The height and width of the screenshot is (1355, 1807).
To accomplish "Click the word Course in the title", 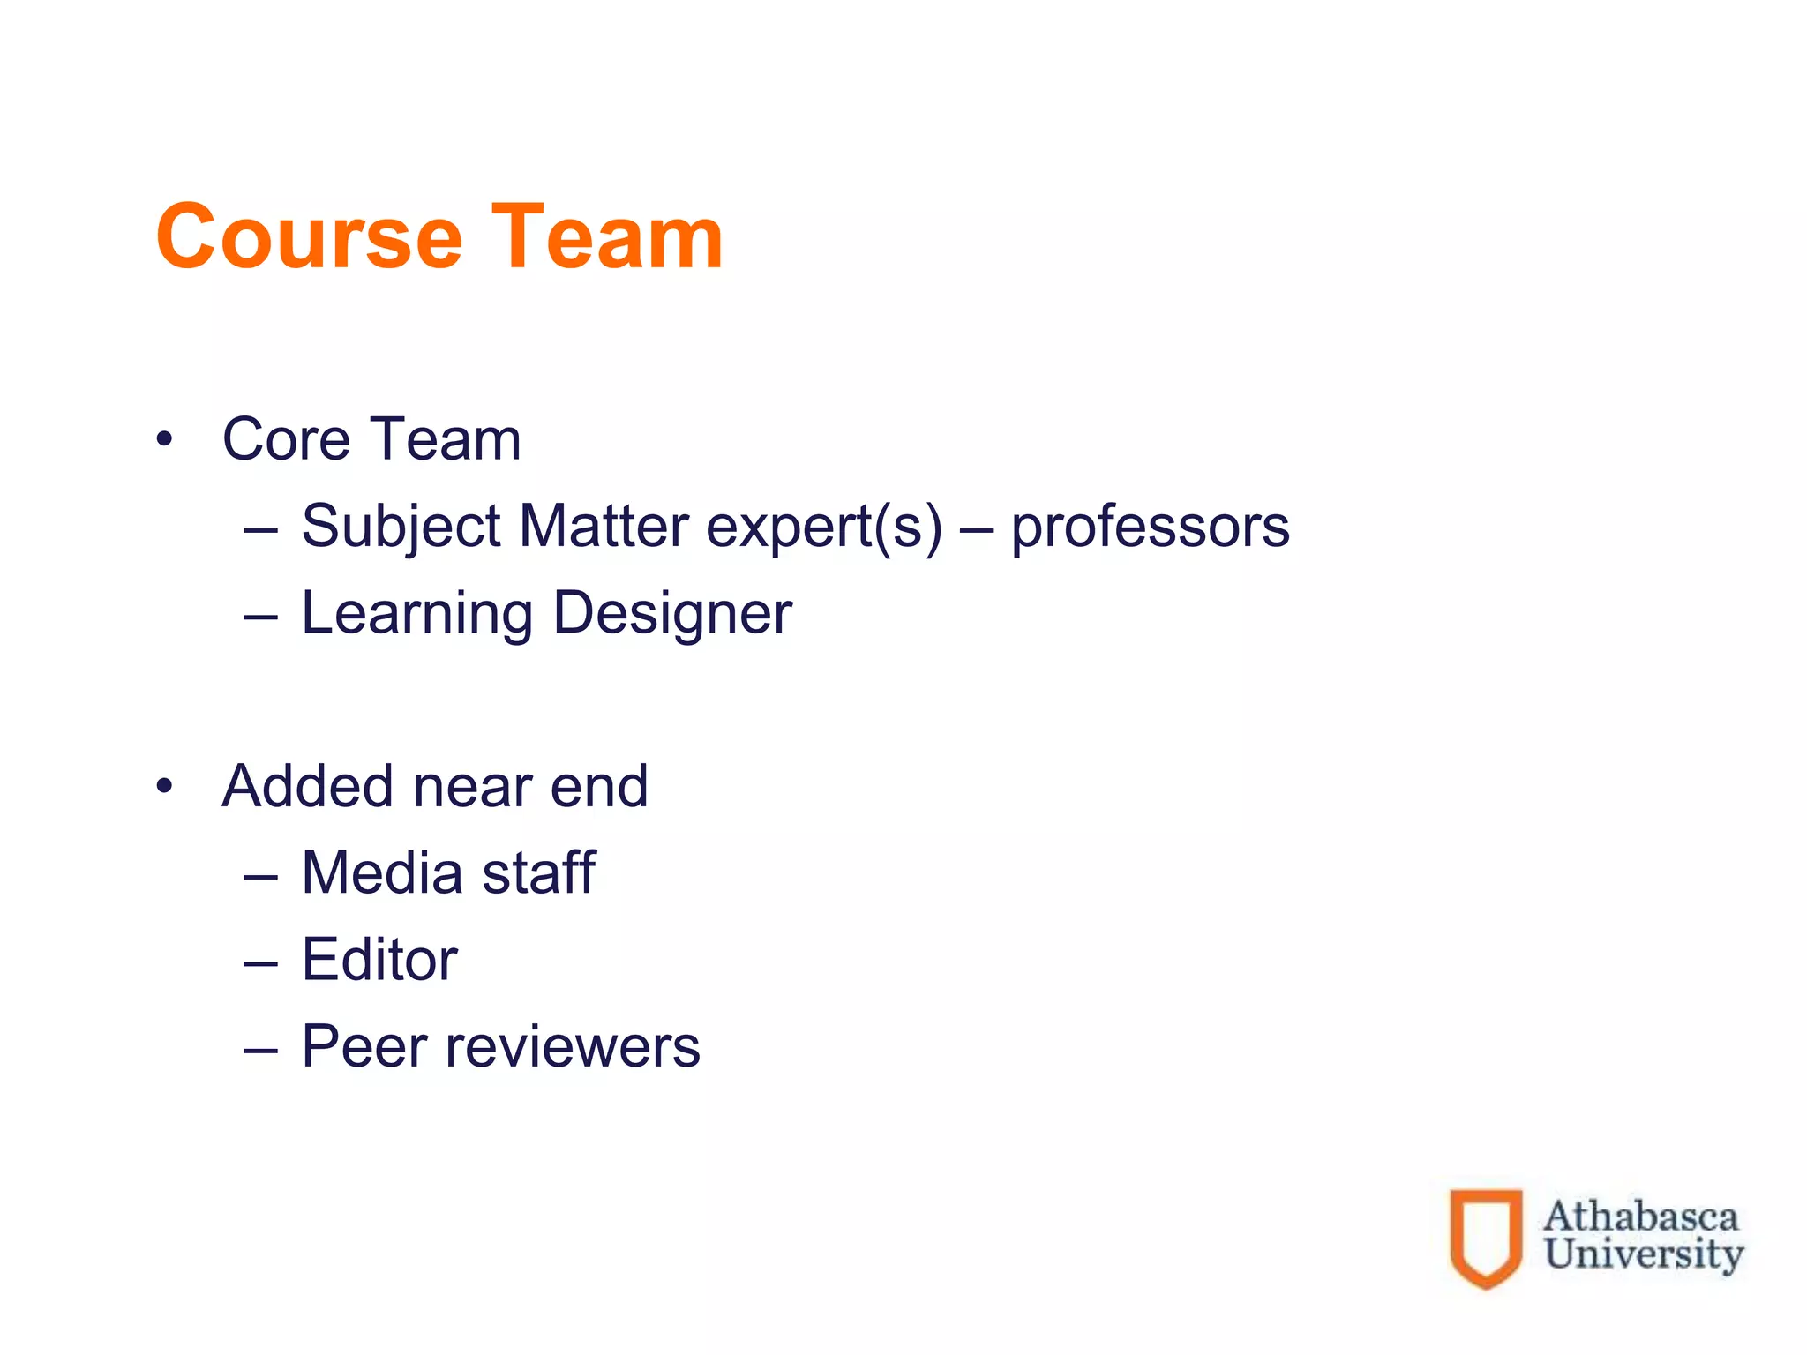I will click(309, 236).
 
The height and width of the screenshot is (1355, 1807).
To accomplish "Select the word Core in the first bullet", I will click(286, 438).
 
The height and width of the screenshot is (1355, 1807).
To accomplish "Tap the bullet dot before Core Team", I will click(164, 438).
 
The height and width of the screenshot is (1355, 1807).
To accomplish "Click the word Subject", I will click(401, 527).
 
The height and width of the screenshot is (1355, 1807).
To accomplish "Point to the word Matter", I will click(604, 527).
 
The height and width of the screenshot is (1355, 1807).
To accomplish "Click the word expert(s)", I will click(824, 527).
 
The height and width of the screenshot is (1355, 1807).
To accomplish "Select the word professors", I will click(1150, 527).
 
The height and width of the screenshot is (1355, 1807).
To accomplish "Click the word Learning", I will click(416, 613).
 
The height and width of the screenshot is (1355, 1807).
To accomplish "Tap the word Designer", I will click(672, 613).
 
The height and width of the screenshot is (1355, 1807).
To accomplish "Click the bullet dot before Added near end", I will click(164, 785).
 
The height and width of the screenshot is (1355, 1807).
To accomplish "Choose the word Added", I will click(308, 785).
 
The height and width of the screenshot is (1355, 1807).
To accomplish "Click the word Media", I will click(382, 872).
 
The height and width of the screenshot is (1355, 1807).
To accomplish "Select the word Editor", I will click(379, 959).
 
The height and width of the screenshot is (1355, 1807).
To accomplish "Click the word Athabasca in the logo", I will click(1640, 1217).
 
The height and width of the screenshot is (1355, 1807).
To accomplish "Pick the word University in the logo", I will click(1644, 1254).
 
